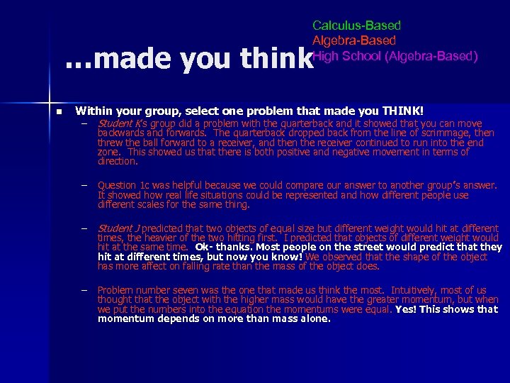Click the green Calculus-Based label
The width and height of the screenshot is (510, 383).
356,26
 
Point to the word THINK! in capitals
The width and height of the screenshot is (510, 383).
402,111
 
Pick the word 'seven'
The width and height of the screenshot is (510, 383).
183,290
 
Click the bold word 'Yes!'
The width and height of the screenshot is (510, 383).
407,309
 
